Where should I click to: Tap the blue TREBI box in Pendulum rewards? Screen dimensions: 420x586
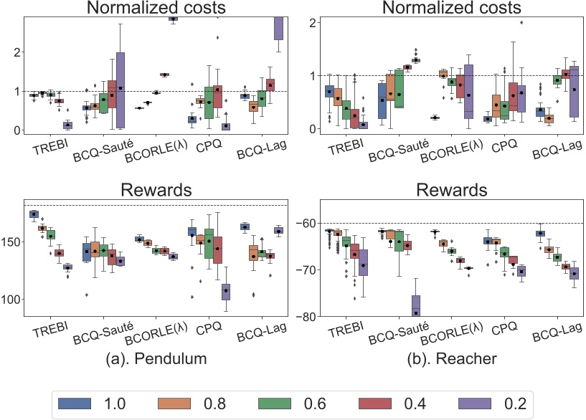[x=34, y=214]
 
